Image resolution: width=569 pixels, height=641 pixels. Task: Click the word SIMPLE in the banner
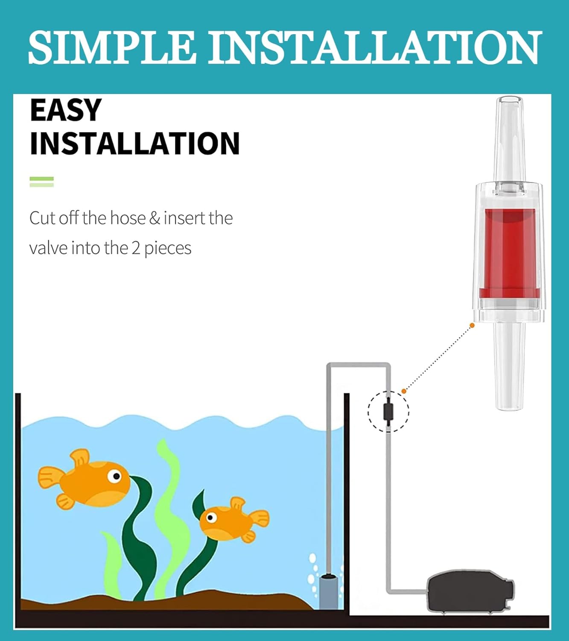pos(111,47)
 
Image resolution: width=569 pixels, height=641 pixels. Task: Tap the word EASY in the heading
pos(66,110)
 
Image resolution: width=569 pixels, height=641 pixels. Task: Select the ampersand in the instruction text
pos(155,218)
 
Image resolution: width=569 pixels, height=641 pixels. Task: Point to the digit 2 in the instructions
pos(136,248)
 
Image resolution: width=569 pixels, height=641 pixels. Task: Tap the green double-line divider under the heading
pos(42,182)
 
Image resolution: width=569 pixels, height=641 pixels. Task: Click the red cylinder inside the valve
pos(509,253)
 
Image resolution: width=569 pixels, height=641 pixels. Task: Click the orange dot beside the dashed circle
pos(404,391)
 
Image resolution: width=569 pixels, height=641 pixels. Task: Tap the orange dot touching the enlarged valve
pos(472,325)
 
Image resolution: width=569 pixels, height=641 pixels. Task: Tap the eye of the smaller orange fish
pos(210,518)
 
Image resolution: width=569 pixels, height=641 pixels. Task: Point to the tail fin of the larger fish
pos(50,477)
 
